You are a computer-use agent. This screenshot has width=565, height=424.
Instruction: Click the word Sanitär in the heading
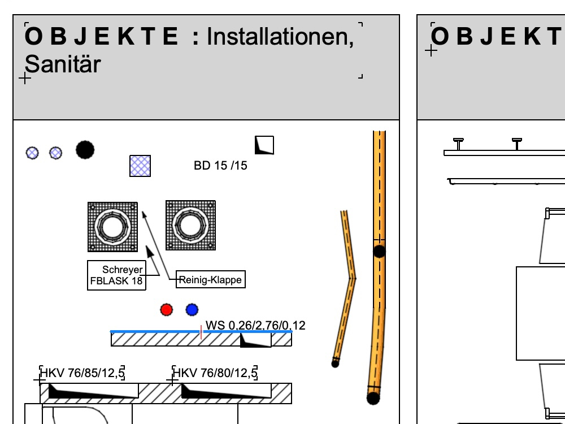(x=63, y=64)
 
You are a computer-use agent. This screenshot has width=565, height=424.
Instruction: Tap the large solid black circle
(x=85, y=150)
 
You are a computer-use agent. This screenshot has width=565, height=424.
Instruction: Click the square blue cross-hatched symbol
(x=140, y=166)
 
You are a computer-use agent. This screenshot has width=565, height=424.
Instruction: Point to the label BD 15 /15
(x=220, y=166)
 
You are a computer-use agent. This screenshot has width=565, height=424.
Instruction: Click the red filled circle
(x=167, y=310)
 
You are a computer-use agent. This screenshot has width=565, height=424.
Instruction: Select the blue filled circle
(x=192, y=310)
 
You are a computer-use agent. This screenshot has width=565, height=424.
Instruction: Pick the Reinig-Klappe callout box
(x=211, y=279)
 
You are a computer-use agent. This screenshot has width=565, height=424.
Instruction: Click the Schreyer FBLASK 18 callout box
(x=117, y=275)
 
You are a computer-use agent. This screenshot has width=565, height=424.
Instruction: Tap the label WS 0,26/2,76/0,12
(x=255, y=326)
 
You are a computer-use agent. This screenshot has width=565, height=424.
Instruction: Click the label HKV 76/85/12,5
(x=82, y=373)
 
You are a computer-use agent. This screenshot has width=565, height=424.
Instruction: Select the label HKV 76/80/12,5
(x=215, y=373)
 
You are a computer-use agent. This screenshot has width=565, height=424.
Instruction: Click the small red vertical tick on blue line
(x=201, y=332)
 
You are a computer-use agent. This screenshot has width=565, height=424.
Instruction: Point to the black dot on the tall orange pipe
(x=379, y=252)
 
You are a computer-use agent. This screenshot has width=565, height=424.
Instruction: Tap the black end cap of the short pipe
(x=335, y=364)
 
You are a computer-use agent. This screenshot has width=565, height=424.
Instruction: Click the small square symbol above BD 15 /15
(x=264, y=145)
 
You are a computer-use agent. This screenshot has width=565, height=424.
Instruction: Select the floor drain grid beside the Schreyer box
(x=113, y=227)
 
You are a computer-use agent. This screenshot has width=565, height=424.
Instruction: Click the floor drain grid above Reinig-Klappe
(x=190, y=226)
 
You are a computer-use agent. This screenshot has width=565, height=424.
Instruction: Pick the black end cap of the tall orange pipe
(x=373, y=398)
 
